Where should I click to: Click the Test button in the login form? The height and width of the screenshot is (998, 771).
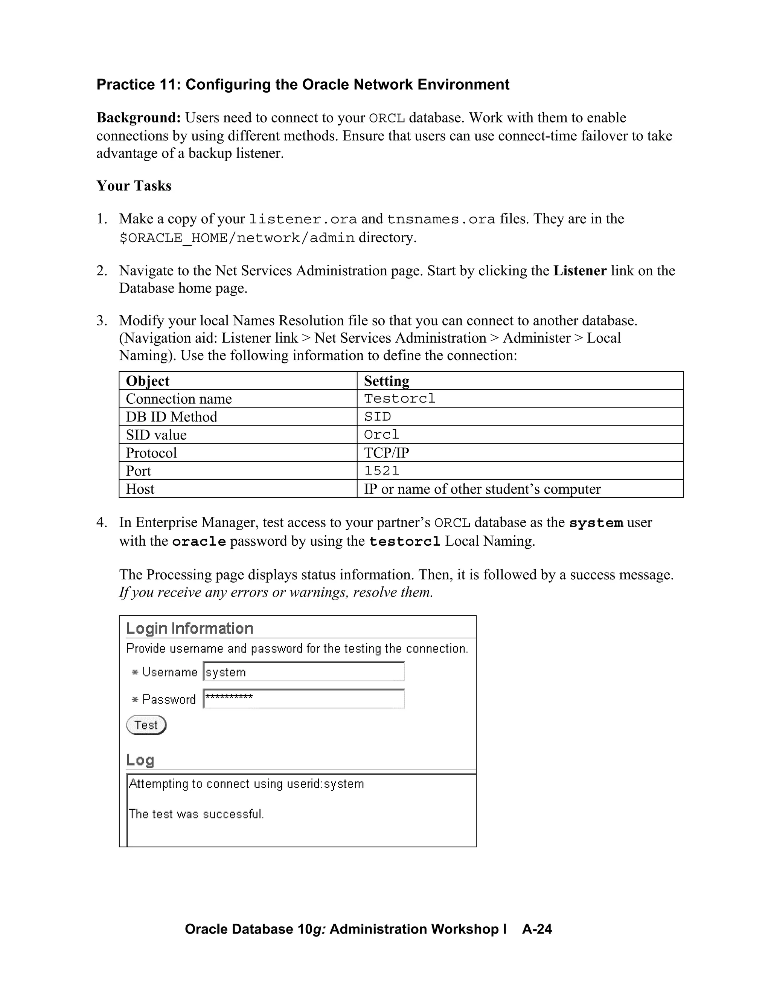click(x=146, y=725)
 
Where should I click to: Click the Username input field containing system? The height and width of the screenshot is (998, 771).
click(x=304, y=672)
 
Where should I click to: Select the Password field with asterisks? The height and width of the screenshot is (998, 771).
click(x=304, y=699)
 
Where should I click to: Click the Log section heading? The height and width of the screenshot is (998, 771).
click(x=140, y=760)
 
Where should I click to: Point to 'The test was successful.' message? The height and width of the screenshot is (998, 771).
click(x=197, y=814)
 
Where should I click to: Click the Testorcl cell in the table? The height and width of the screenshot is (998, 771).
click(x=400, y=398)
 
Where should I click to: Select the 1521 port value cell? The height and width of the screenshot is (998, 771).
click(x=382, y=471)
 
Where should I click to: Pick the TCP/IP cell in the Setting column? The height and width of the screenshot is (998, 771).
click(x=386, y=453)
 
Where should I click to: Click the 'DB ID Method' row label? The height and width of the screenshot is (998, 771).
click(x=171, y=417)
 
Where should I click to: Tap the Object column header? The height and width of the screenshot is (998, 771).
click(x=148, y=381)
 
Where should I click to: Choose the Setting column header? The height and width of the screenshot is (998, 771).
click(x=386, y=381)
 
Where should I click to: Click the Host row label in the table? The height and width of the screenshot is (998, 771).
click(x=140, y=489)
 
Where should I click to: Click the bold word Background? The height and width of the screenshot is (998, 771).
click(x=139, y=118)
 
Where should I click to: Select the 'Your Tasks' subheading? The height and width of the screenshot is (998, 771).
click(x=134, y=186)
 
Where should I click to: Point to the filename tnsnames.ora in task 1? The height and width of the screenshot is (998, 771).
click(x=441, y=219)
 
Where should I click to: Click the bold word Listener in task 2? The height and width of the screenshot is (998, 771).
click(x=580, y=271)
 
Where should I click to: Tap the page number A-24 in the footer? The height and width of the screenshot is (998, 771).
click(x=537, y=929)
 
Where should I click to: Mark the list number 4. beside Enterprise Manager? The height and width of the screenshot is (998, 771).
click(x=101, y=522)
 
